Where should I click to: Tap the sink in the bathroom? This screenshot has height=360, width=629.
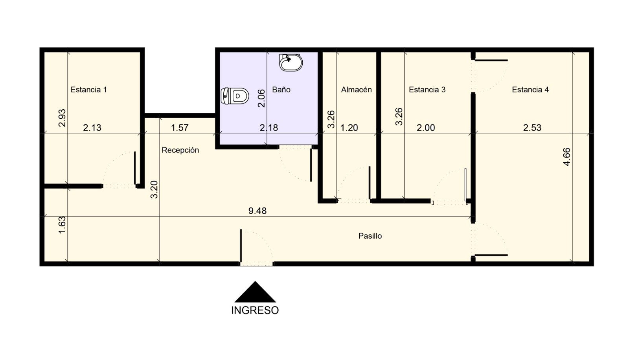tap(291, 62)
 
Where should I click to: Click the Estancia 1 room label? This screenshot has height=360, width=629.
tap(88, 90)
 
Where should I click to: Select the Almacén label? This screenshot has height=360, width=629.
tap(356, 90)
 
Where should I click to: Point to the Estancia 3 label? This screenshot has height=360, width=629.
tap(427, 90)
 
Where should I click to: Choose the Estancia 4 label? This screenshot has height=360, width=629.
tap(530, 90)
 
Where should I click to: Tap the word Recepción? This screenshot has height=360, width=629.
tap(180, 150)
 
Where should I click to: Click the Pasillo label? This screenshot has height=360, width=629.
tap(370, 236)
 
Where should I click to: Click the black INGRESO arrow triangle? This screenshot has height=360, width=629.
tap(255, 292)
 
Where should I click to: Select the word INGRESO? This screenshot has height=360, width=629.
tap(255, 310)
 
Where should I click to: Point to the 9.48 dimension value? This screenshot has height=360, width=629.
tap(257, 211)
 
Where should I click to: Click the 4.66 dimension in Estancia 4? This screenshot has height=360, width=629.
tap(566, 157)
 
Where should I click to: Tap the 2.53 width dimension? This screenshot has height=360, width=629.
tap(532, 128)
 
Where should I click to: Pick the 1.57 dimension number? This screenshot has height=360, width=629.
tap(180, 128)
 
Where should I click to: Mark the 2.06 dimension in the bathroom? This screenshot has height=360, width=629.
tap(261, 98)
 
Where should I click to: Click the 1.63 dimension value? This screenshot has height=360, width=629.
tap(62, 225)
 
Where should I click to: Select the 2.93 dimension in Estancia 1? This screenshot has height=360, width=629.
tap(62, 118)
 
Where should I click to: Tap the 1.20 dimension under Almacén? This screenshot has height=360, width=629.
tap(349, 128)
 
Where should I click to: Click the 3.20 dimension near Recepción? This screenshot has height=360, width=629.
tap(154, 189)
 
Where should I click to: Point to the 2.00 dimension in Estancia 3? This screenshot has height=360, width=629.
tap(426, 128)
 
